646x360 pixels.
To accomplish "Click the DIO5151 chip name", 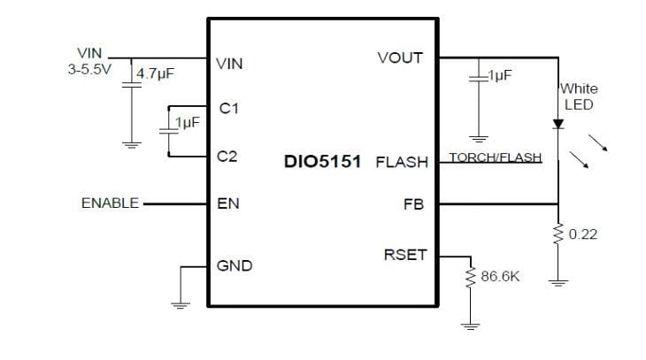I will click(321, 163).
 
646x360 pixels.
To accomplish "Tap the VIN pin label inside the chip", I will click(229, 64).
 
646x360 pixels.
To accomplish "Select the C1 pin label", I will click(229, 108).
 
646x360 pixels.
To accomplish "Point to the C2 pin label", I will click(228, 157).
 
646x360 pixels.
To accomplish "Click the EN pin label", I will click(227, 203).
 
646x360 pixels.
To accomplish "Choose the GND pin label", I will click(235, 265).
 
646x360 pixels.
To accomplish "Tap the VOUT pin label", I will click(400, 57).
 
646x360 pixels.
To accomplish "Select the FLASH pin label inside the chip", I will click(401, 163).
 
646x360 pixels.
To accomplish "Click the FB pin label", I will click(413, 204).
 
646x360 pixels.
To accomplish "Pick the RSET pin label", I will click(404, 255).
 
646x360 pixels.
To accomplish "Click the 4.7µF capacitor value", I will click(155, 74).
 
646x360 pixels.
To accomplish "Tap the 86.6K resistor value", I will click(500, 277).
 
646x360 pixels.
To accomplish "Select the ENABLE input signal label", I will click(110, 203).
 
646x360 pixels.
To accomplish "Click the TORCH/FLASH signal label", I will click(495, 157).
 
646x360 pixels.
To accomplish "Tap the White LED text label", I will click(578, 96).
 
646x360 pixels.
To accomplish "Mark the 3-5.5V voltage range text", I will click(89, 69).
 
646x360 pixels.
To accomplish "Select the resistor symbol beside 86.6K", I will click(470, 278).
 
